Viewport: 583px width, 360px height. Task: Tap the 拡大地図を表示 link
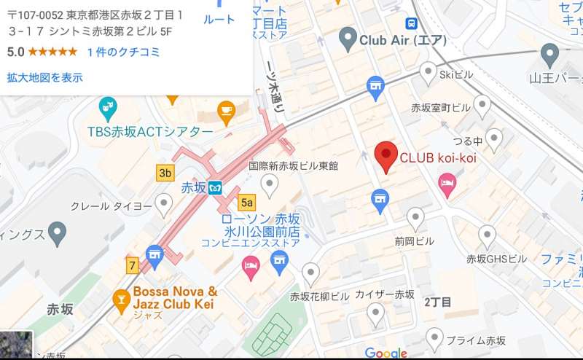point(44,77)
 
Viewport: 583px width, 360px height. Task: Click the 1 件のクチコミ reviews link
point(123,52)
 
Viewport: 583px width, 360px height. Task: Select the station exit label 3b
point(165,173)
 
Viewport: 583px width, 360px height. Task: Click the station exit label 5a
point(247,202)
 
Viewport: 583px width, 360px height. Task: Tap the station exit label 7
point(132,265)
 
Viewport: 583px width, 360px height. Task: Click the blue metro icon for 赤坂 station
point(214,187)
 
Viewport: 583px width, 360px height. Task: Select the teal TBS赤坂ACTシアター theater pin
point(108,109)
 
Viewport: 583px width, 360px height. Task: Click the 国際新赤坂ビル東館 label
point(294,166)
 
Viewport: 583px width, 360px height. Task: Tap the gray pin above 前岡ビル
point(415,218)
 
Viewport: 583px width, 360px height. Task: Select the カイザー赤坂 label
point(384,294)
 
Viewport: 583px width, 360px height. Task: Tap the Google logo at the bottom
point(386,353)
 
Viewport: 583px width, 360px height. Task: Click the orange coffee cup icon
point(227,111)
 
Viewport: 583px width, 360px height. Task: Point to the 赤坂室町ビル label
point(441,107)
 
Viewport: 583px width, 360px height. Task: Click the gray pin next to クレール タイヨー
point(164,206)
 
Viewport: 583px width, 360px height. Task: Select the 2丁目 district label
point(438,302)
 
